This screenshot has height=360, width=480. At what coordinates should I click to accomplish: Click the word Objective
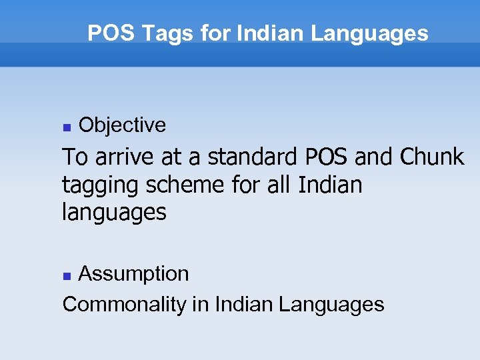[122, 125]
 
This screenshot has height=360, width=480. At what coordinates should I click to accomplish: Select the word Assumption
[133, 273]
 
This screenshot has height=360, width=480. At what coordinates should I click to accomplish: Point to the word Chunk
[431, 157]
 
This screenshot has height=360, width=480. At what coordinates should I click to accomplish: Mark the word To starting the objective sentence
[74, 157]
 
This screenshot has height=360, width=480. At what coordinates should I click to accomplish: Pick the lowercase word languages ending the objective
[113, 213]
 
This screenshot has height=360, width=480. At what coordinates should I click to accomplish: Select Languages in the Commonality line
[331, 305]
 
